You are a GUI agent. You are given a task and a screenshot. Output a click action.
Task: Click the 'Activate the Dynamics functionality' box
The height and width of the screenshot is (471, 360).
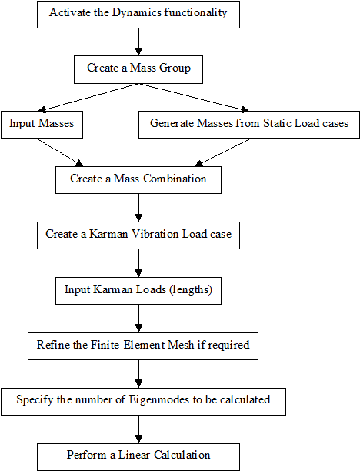(138, 15)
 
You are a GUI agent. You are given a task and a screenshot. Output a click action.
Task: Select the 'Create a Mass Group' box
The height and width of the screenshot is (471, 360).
(138, 69)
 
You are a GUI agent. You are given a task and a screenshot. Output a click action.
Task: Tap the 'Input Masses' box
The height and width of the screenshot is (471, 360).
(42, 125)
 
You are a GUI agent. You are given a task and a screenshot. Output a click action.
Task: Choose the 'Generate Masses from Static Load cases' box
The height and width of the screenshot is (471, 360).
(249, 125)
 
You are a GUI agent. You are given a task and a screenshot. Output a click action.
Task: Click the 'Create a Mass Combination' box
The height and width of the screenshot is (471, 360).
(138, 180)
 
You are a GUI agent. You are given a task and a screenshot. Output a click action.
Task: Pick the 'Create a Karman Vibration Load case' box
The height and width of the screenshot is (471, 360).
(138, 235)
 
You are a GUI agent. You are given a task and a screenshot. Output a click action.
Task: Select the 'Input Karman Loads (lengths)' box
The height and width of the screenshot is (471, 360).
(138, 291)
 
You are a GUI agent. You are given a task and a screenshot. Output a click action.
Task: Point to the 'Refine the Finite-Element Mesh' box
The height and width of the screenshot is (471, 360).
(143, 346)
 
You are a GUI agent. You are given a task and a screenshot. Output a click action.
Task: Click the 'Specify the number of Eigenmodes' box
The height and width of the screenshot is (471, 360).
(143, 402)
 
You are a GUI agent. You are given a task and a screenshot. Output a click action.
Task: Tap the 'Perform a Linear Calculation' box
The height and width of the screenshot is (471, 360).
(138, 457)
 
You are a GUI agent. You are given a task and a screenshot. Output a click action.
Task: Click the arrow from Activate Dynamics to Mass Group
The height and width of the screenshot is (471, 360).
(138, 42)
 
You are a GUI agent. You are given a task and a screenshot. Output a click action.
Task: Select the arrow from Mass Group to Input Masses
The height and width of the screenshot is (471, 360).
(88, 97)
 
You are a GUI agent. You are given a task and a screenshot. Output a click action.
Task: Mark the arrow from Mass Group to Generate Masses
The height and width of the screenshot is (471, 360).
(194, 97)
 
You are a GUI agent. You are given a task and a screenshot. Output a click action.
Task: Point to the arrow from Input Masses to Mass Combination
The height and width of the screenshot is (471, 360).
(60, 152)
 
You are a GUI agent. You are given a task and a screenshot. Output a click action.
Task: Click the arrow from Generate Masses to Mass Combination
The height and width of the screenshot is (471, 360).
(222, 152)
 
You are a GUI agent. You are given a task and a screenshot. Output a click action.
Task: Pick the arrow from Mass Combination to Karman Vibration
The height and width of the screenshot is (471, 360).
(138, 208)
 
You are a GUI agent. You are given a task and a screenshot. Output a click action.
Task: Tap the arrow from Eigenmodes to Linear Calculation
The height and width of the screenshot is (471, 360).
(138, 429)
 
